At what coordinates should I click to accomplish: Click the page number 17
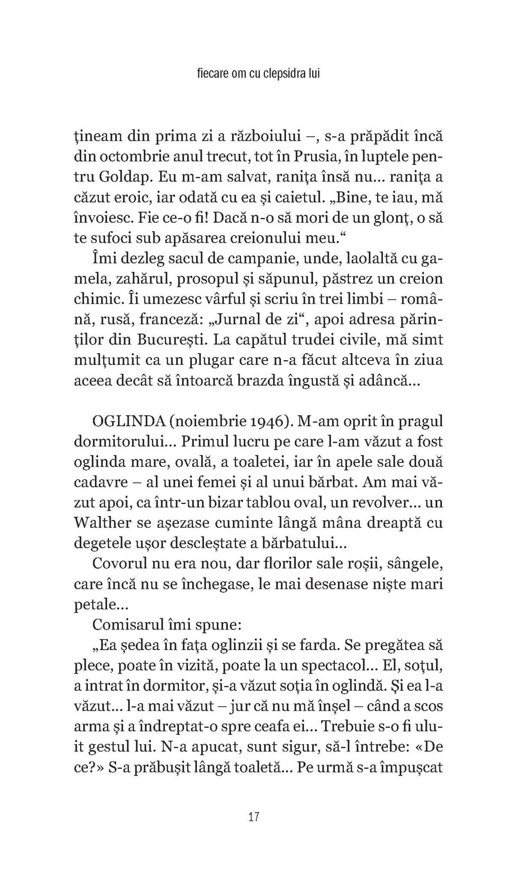[254, 817]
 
